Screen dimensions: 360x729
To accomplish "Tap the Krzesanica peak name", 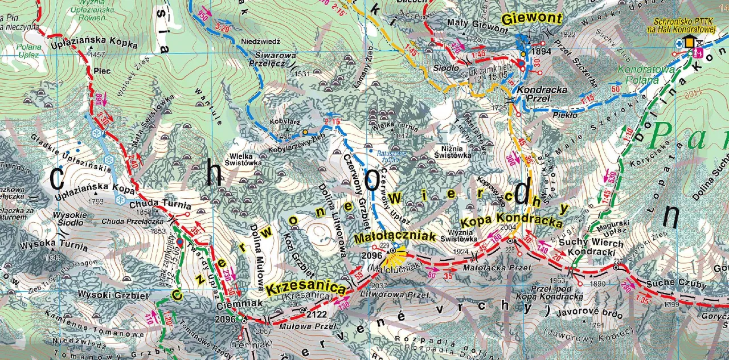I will tap(306, 288).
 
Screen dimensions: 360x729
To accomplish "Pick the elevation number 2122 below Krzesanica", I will tap(317, 314).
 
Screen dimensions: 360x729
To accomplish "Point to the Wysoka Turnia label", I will tap(54, 246).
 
